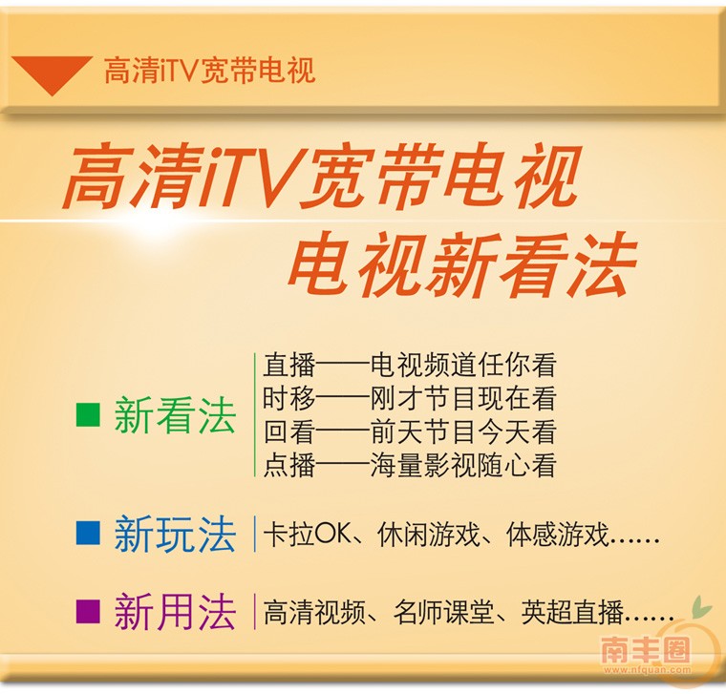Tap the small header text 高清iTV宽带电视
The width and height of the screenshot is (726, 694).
209,71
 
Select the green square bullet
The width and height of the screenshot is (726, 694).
88,415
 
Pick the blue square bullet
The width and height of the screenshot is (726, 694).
88,533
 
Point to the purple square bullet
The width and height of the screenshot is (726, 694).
88,608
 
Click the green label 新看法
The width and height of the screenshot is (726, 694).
175,416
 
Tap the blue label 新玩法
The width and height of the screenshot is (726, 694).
175,535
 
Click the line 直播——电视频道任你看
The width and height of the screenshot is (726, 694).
409,365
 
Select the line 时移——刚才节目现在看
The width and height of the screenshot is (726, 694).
409,398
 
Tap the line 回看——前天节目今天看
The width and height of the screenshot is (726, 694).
409,431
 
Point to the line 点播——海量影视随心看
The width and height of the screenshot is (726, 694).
409,465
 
